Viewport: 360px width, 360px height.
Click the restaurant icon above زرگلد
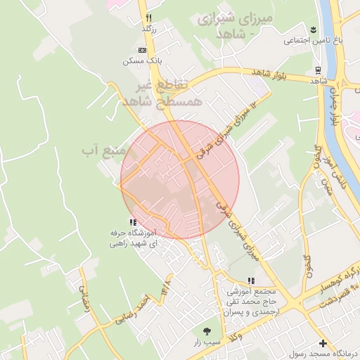coord(148,18)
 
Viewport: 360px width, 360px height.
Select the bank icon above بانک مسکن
coord(141,51)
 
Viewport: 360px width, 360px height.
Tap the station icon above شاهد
coord(318,70)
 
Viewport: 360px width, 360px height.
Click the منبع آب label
coord(103,150)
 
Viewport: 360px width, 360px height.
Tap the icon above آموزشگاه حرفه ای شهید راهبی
coord(133,222)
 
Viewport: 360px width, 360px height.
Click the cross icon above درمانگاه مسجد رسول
coord(323,344)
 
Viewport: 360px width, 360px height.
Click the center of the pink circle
coord(179,179)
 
